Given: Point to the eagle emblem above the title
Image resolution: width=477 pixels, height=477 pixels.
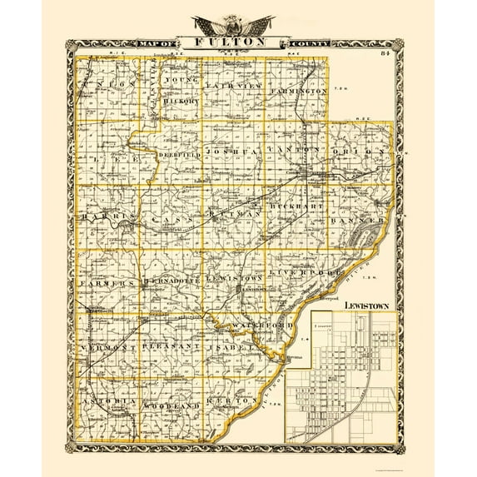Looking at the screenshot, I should tap(237, 22).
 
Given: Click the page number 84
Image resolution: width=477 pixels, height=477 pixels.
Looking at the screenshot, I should tap(385, 55).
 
